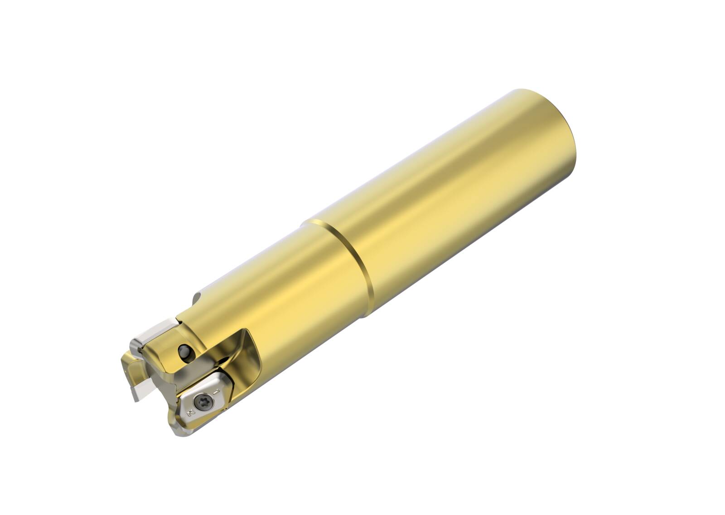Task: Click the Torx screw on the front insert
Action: (x=204, y=402)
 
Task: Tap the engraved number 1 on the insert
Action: (x=216, y=392)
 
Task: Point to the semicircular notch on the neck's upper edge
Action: (x=196, y=298)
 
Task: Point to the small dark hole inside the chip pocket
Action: (x=223, y=359)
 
